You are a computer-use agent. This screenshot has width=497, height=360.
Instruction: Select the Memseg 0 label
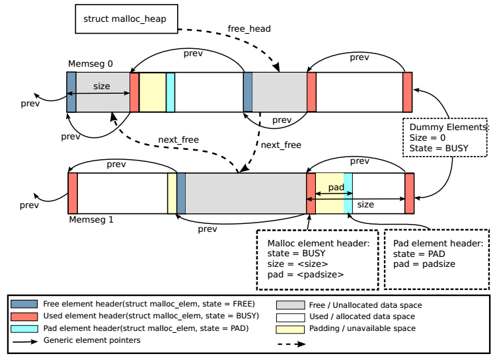(x=91, y=63)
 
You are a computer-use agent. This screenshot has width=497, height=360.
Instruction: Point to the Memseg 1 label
(x=91, y=219)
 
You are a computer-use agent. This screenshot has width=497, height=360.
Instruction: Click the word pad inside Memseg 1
(x=336, y=188)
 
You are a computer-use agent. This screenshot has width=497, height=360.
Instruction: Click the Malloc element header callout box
(x=317, y=259)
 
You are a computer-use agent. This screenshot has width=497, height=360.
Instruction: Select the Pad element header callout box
(x=436, y=259)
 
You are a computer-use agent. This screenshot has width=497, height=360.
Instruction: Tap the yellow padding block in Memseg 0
(x=153, y=92)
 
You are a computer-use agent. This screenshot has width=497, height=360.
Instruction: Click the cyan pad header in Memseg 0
(x=170, y=92)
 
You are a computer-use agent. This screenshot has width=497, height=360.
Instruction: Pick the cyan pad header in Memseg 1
(x=348, y=194)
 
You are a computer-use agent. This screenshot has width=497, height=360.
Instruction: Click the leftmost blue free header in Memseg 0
(x=71, y=92)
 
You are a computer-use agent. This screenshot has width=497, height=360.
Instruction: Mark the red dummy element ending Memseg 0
(x=407, y=92)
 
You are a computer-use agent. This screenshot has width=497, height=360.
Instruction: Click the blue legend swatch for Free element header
(x=25, y=305)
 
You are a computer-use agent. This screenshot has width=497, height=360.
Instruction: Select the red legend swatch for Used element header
(x=25, y=316)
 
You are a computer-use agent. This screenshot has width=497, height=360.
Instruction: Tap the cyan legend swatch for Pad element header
(x=25, y=328)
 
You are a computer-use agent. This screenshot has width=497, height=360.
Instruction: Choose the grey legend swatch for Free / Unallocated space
(x=289, y=305)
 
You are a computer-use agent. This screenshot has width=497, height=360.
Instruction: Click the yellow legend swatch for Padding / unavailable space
(x=289, y=328)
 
